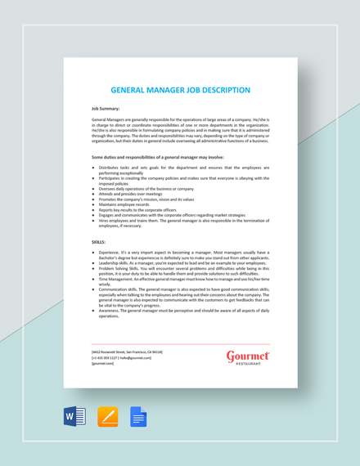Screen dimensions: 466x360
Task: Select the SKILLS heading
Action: coord(98,242)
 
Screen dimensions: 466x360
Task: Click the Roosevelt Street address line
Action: coord(128,351)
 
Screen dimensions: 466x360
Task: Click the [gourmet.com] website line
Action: coord(105,363)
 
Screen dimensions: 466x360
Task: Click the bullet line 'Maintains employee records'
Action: coord(127,204)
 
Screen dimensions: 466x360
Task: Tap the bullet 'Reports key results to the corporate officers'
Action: coord(141,209)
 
